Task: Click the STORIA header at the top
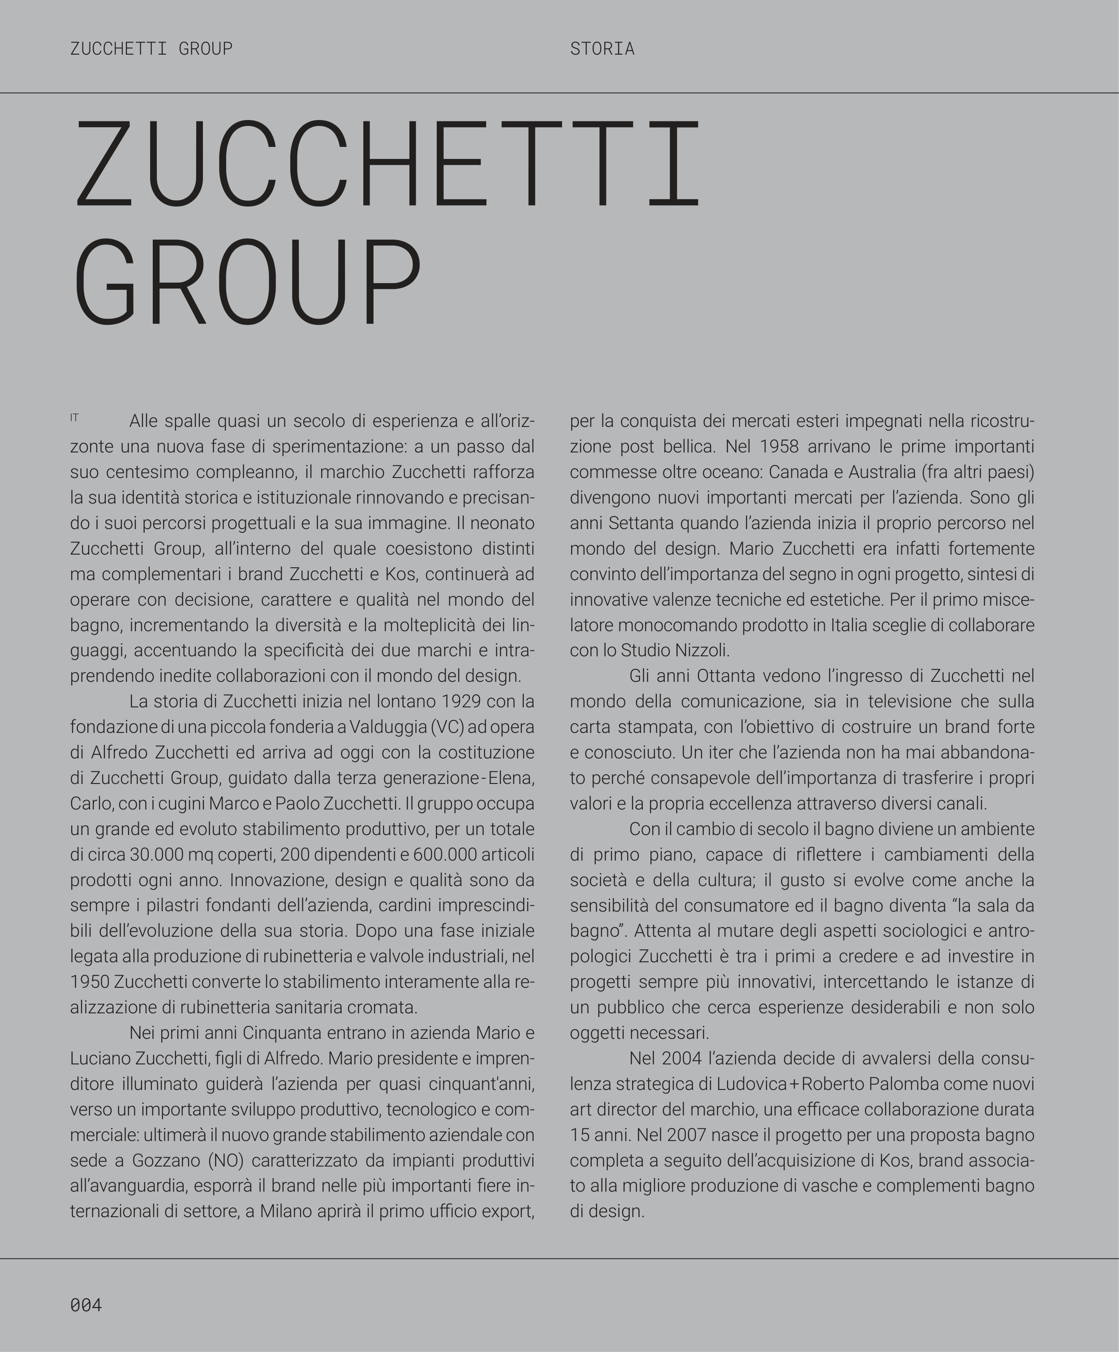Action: point(602,49)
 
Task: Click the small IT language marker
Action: point(74,418)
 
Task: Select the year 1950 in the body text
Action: point(90,982)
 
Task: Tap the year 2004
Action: point(683,1059)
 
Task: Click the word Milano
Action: point(285,1212)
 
